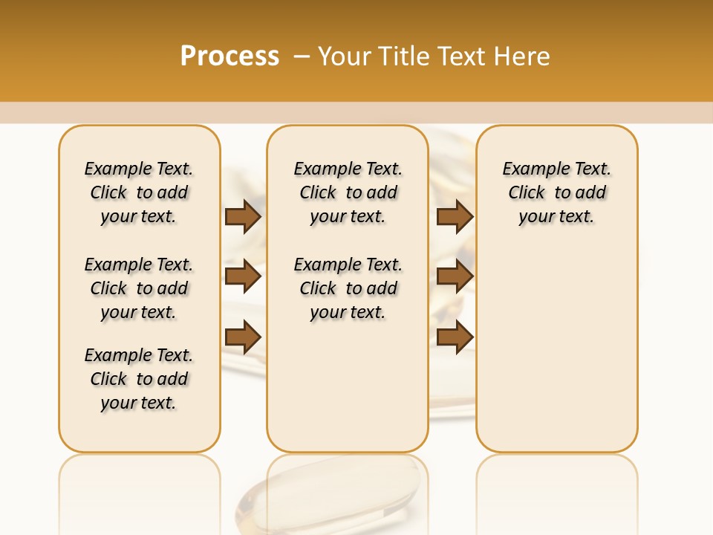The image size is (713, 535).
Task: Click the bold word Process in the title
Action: tap(229, 56)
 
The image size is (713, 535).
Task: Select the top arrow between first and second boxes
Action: tap(243, 216)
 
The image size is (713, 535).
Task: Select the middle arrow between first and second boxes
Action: tap(243, 277)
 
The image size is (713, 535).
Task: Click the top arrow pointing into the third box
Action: tap(455, 216)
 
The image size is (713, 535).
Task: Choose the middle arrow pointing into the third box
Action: tap(455, 277)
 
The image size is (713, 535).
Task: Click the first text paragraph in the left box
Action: tap(139, 192)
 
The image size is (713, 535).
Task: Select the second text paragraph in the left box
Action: tap(139, 288)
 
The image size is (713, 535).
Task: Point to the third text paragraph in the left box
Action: tap(139, 379)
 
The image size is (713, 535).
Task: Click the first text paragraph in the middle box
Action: tap(348, 192)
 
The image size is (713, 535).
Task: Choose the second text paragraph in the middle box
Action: tap(348, 288)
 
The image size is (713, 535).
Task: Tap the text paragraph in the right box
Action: tap(556, 192)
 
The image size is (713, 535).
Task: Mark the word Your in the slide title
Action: tap(345, 56)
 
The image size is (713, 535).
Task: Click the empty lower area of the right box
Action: tap(556, 357)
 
